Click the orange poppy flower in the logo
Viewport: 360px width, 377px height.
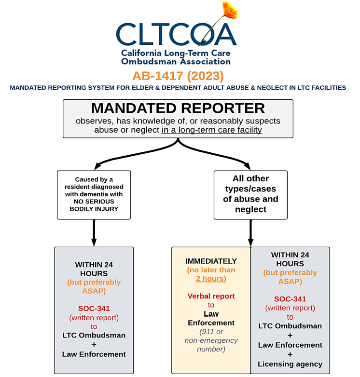[x=230, y=10]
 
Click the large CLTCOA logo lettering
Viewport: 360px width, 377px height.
[x=177, y=34]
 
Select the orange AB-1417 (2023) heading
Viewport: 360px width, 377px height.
[x=178, y=76]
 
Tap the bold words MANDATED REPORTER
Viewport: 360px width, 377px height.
[x=178, y=108]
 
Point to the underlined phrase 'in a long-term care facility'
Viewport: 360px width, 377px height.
[x=212, y=130]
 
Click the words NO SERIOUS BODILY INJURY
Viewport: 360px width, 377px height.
[x=94, y=205]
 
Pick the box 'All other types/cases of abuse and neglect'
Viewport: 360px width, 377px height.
[x=250, y=195]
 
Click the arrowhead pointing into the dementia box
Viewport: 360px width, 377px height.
[x=97, y=166]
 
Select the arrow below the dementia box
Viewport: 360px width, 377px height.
[x=94, y=233]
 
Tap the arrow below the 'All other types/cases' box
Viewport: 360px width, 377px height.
[x=250, y=233]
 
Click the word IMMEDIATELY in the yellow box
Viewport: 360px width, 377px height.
[x=211, y=261]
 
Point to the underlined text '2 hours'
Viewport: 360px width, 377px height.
[x=210, y=279]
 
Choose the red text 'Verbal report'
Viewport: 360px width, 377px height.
[x=211, y=296]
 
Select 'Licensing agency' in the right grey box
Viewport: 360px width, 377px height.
[x=290, y=364]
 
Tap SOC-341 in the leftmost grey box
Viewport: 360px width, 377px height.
[x=94, y=309]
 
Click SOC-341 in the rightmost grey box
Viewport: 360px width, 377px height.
[x=290, y=299]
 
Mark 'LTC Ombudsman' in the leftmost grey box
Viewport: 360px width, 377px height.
[x=94, y=336]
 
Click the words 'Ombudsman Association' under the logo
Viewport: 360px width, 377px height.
[x=176, y=62]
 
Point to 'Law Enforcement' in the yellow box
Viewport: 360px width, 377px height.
[x=211, y=318]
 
